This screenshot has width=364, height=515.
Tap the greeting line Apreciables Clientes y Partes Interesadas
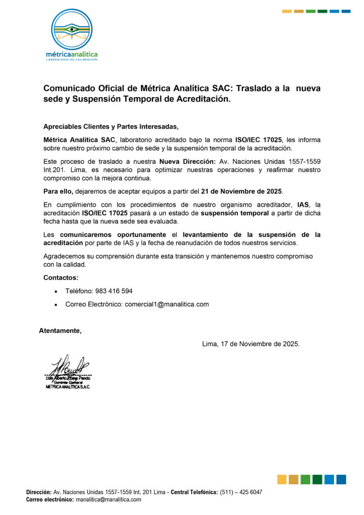[x=111, y=126]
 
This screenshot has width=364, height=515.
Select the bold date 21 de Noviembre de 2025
[x=241, y=192]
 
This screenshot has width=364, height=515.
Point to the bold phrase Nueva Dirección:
[x=187, y=161]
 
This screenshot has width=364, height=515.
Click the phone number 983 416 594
[x=114, y=291]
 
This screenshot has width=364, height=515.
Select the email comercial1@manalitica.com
[x=166, y=304]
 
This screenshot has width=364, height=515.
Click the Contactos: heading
[x=61, y=278]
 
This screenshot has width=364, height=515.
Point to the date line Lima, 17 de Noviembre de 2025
[x=250, y=344]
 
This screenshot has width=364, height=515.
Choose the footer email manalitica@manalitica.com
[x=108, y=499]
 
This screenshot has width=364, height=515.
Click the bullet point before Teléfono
[x=55, y=291]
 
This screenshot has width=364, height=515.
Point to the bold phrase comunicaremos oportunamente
[x=113, y=235]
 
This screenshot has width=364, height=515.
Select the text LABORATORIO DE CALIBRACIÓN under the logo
[x=71, y=59]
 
